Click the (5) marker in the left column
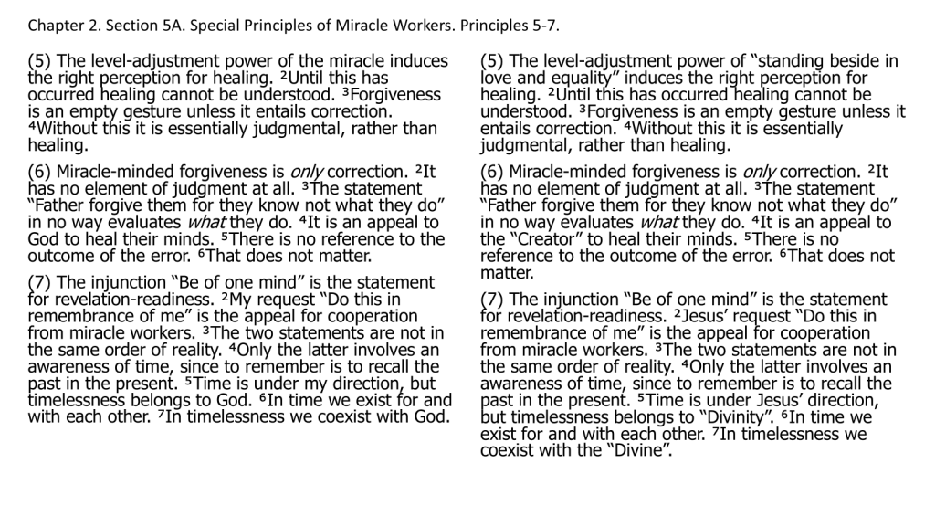click(x=39, y=62)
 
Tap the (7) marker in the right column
click(x=492, y=300)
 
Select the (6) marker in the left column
click(x=39, y=172)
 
